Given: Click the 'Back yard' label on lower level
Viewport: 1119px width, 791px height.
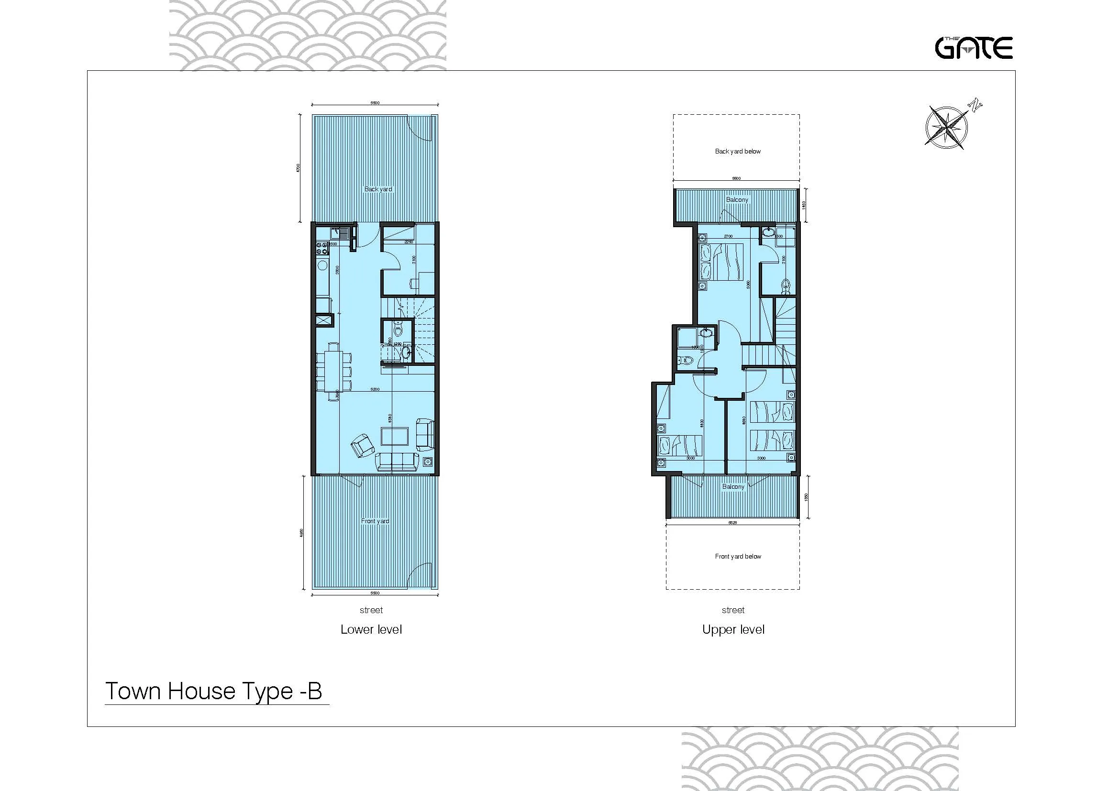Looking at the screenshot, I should [x=378, y=189].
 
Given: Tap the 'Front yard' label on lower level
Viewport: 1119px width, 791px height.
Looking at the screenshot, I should [x=375, y=521].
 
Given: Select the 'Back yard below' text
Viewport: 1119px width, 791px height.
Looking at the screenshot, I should [x=737, y=152].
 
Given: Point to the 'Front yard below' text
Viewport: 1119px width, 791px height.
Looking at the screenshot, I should [x=738, y=556].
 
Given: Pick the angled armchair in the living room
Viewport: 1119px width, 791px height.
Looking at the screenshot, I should [x=363, y=445].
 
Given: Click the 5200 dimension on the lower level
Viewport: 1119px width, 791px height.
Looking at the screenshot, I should [x=374, y=389].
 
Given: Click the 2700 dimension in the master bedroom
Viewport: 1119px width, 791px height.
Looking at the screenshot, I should [x=728, y=237].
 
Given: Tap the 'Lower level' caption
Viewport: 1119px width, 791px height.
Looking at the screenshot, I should [x=371, y=629].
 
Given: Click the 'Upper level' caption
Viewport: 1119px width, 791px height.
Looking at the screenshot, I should [x=733, y=629].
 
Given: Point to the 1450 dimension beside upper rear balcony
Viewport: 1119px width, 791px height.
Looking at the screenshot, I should [x=804, y=205].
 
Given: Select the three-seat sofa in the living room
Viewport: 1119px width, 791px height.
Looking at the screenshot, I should [x=397, y=461].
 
